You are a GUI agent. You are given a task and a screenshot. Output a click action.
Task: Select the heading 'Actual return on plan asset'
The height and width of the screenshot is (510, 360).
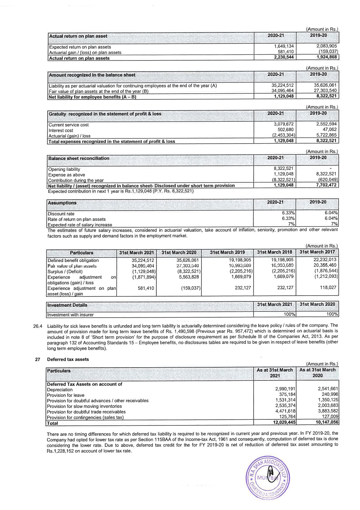click(x=78, y=36)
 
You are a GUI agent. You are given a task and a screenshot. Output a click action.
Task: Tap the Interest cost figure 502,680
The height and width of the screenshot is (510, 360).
click(x=285, y=130)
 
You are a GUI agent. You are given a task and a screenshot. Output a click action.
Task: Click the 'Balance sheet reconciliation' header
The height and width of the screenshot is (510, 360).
click(x=79, y=158)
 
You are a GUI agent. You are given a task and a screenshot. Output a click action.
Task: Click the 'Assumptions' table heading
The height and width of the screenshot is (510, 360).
click(x=62, y=203)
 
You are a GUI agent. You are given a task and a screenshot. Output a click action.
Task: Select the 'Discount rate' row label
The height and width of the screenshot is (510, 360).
click(x=61, y=214)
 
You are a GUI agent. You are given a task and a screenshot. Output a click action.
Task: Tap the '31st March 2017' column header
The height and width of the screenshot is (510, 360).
click(x=317, y=252)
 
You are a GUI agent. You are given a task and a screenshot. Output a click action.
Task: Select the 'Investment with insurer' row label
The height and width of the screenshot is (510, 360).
click(x=70, y=315)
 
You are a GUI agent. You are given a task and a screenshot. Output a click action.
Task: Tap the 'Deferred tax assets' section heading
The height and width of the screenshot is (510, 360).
click(x=68, y=359)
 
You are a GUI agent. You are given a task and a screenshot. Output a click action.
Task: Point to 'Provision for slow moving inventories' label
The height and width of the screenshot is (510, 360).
click(x=84, y=406)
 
